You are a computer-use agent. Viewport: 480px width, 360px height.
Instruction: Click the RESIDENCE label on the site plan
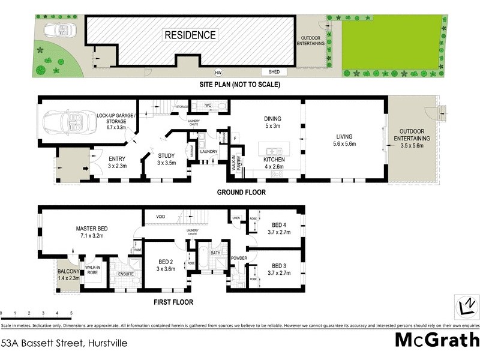(x=190, y=35)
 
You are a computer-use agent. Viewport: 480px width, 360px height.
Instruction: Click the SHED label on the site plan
(x=274, y=72)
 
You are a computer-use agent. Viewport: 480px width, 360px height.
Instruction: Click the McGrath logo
(x=436, y=340)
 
